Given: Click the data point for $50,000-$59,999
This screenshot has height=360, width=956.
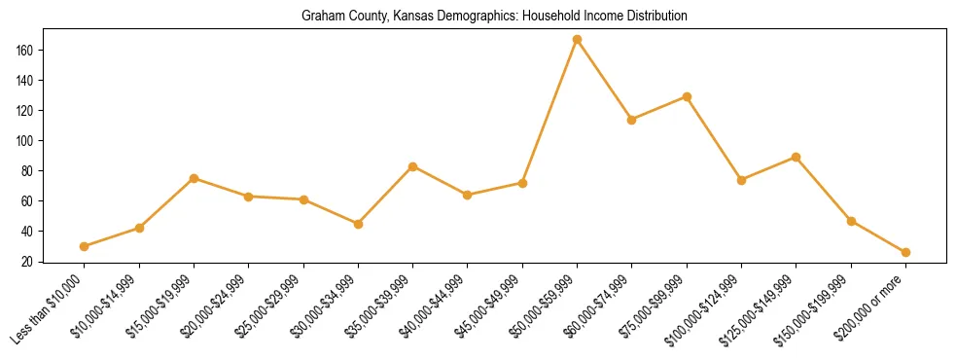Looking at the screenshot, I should [578, 40].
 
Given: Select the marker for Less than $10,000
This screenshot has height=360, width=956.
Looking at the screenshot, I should [85, 246].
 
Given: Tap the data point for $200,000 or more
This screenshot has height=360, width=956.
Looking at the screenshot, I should [905, 252].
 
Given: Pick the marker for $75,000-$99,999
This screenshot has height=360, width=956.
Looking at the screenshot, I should [687, 97].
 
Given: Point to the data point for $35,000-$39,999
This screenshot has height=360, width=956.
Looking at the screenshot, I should [413, 166].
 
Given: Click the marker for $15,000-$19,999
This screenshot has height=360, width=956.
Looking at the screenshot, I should [195, 178].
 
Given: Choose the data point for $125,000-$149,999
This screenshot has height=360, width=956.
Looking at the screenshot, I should [797, 157].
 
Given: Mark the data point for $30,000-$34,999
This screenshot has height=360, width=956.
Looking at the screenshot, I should [359, 224].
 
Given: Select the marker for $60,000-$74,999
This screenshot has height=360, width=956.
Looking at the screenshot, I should [632, 120].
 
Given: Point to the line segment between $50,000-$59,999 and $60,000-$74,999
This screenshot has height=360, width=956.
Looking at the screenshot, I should [605, 80].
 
